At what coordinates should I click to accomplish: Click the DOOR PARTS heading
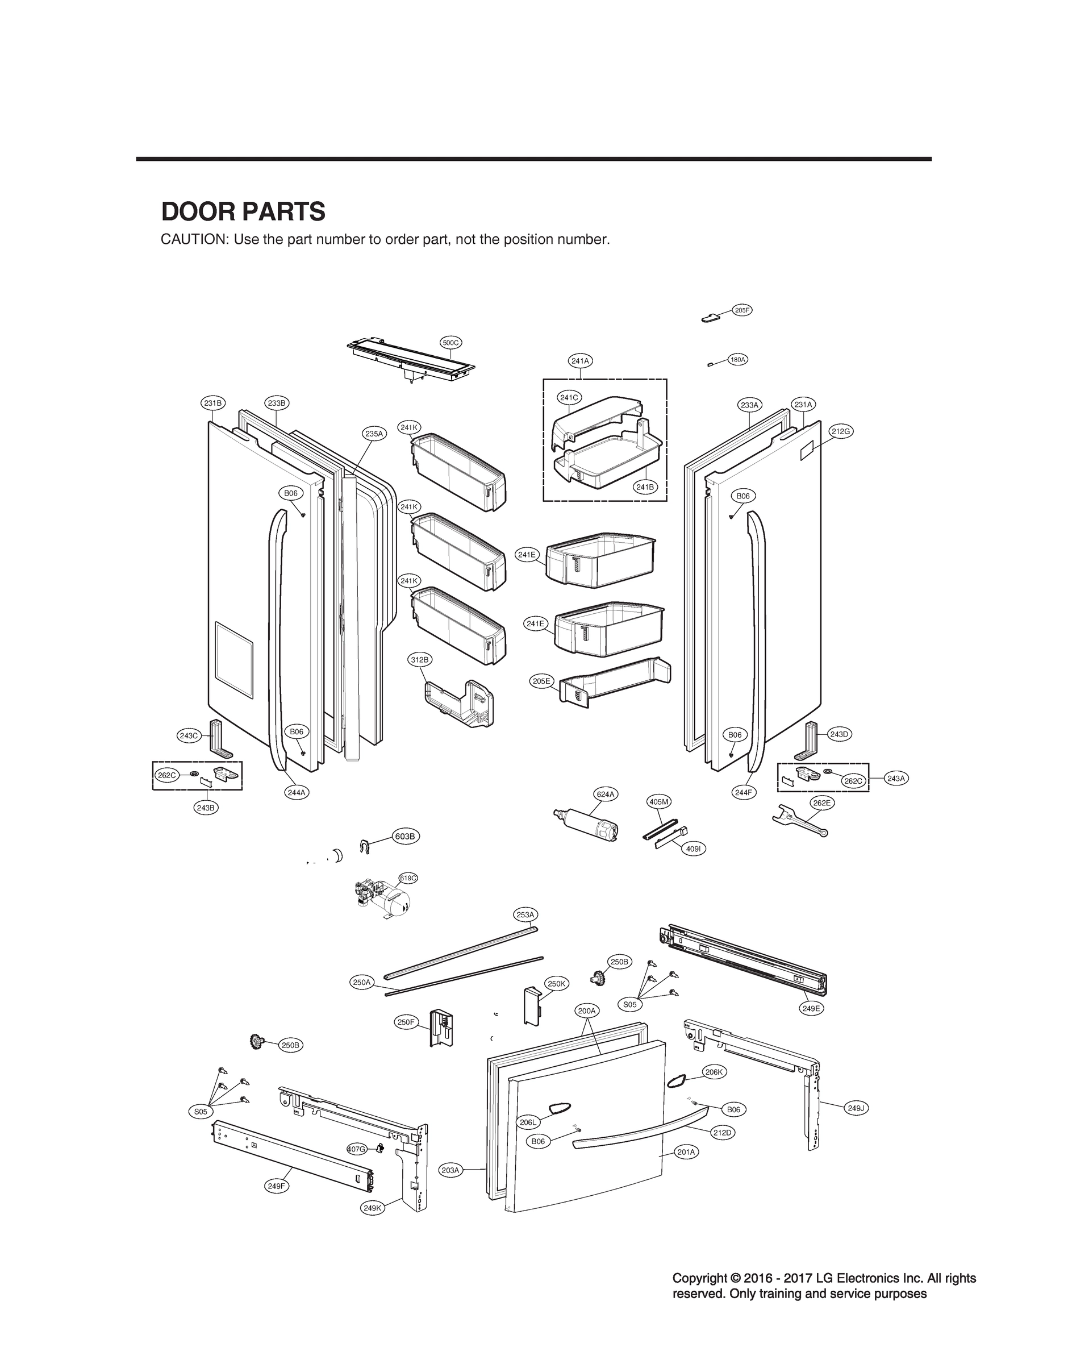point(243,211)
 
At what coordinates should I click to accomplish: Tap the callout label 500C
point(451,343)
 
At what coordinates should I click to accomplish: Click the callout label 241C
point(569,397)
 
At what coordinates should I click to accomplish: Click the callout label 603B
point(406,836)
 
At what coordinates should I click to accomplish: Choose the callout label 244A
point(297,792)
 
